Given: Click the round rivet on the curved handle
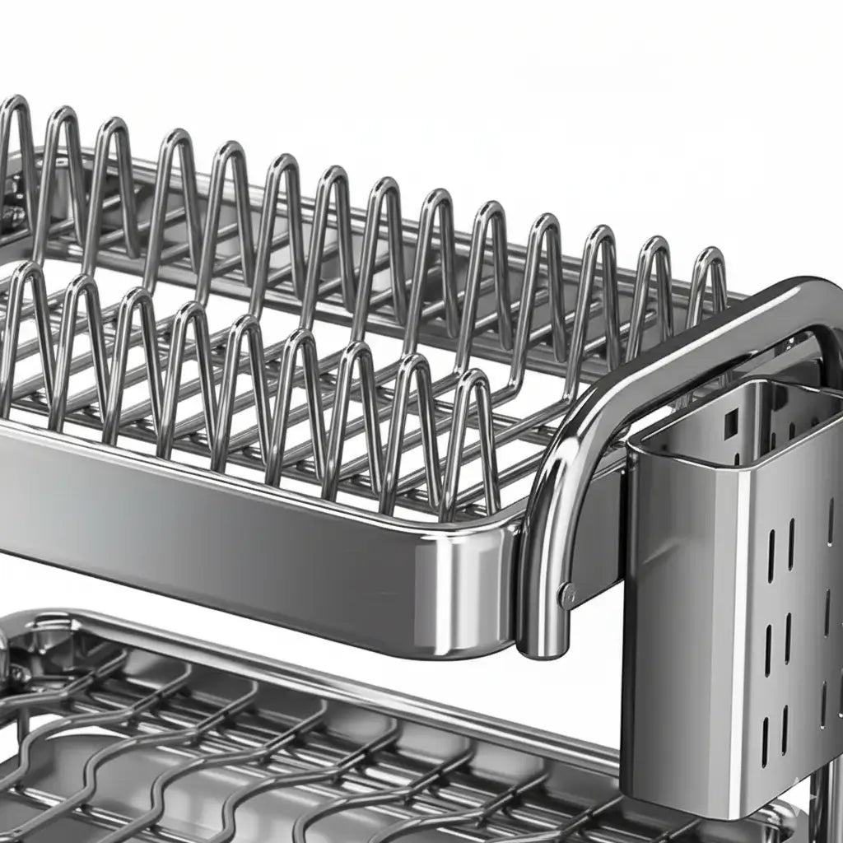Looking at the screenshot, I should [566, 594].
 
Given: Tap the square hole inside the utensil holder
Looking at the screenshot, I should [730, 423].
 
